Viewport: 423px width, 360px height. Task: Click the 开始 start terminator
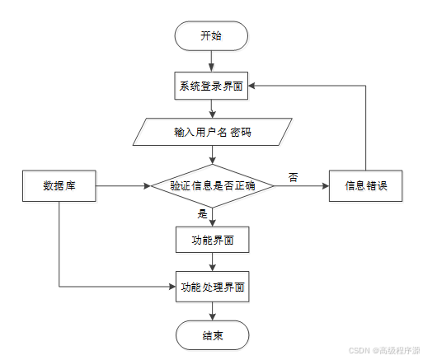pyautogui.click(x=211, y=36)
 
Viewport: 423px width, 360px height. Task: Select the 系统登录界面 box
pyautogui.click(x=211, y=86)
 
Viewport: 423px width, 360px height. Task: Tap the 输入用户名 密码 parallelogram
pyautogui.click(x=212, y=132)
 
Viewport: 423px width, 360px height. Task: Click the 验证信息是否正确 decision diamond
pyautogui.click(x=212, y=186)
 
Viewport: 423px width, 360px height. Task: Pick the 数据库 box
pyautogui.click(x=59, y=186)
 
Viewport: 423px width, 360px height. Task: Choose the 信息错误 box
pyautogui.click(x=365, y=186)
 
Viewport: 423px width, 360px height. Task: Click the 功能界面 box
pyautogui.click(x=212, y=240)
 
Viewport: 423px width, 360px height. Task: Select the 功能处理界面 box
pyautogui.click(x=212, y=287)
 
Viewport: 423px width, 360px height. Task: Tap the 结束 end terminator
pyautogui.click(x=212, y=335)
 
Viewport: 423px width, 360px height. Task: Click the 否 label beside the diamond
pyautogui.click(x=293, y=177)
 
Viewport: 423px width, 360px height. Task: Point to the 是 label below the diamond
pyautogui.click(x=202, y=213)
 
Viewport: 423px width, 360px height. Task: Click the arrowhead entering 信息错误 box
pyautogui.click(x=326, y=186)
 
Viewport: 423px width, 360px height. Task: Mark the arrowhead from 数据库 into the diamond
pyautogui.click(x=148, y=186)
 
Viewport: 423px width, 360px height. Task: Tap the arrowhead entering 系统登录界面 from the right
pyautogui.click(x=251, y=86)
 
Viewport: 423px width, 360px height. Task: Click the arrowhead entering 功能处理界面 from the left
pyautogui.click(x=172, y=287)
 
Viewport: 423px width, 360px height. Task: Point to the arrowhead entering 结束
pyautogui.click(x=212, y=317)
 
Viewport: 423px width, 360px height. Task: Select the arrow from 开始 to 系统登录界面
pyautogui.click(x=211, y=61)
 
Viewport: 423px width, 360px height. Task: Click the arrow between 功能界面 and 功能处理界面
pyautogui.click(x=212, y=262)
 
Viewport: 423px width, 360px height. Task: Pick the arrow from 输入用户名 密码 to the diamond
pyautogui.click(x=212, y=155)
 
